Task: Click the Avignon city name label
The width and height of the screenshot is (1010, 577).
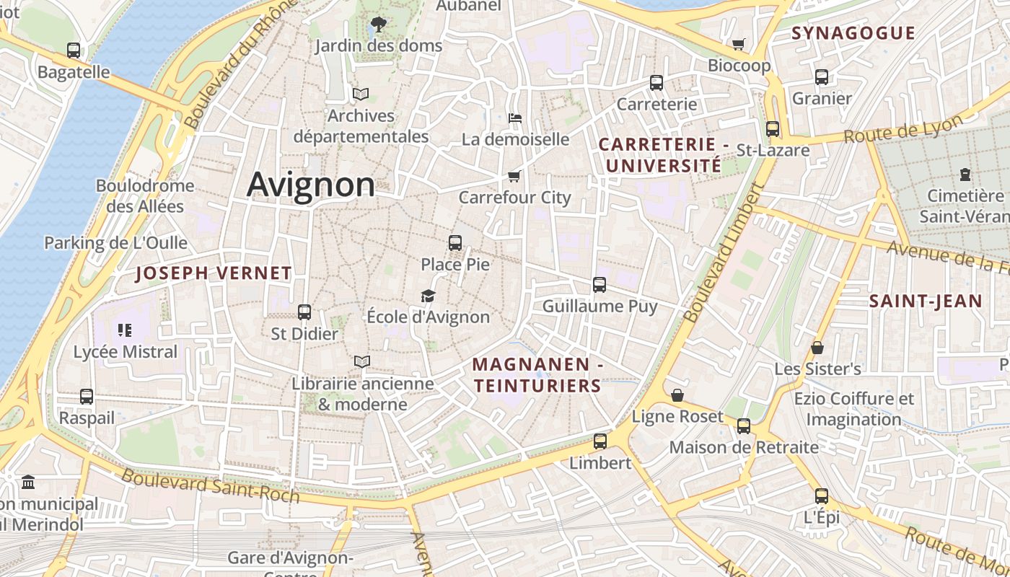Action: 311,185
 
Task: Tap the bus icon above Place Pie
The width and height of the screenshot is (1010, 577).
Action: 455,243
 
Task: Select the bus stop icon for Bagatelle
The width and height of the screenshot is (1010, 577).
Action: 74,50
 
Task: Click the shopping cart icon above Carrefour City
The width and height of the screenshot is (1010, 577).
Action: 514,176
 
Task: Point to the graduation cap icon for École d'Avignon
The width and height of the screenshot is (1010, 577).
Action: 429,296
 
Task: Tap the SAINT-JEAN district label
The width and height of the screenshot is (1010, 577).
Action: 926,301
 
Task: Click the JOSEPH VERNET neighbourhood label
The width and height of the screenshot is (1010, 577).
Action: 214,273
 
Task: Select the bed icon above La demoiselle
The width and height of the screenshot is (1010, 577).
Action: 515,118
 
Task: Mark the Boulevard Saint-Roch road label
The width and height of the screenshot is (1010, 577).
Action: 210,485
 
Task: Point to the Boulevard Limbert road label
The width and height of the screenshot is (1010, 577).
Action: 723,252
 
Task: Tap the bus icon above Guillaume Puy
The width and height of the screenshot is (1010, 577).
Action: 600,285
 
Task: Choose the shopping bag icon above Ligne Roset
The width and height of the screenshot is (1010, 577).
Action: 677,395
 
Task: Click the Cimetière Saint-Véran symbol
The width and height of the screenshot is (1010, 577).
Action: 965,175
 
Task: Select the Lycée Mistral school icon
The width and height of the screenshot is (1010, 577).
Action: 125,330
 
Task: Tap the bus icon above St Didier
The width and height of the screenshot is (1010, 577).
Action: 304,312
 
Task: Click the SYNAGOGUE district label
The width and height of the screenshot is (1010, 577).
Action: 853,33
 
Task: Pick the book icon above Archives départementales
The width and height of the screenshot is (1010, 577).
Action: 360,94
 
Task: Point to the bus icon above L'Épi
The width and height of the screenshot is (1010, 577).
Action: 822,496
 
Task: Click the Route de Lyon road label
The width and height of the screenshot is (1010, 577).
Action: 903,129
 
